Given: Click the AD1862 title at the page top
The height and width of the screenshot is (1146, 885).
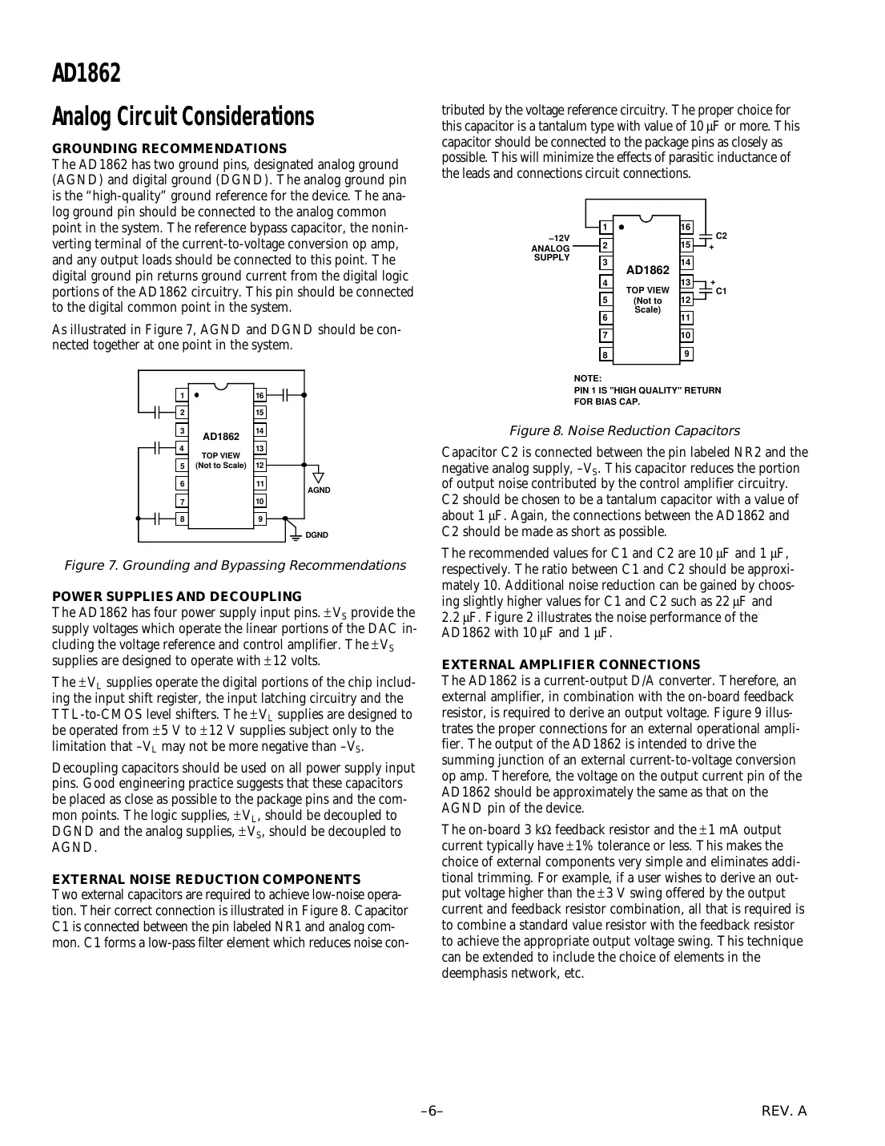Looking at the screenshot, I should (86, 73).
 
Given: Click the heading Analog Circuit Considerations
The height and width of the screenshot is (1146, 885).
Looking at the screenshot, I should (183, 117).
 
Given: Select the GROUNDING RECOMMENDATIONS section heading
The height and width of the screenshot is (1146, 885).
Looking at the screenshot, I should (169, 148).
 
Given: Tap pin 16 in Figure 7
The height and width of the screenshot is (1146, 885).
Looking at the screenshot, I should (259, 395).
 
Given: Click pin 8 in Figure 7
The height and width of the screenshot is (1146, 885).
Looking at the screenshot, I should (183, 519).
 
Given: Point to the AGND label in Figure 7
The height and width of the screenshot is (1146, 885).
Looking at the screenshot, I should (318, 490).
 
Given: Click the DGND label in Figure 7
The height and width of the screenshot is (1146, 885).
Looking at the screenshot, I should (316, 535).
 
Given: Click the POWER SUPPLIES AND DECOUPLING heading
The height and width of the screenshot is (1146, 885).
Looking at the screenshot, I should (176, 596).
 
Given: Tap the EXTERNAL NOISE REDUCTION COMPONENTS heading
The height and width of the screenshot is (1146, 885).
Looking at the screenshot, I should (206, 879).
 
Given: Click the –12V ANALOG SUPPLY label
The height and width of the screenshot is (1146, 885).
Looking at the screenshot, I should (551, 248).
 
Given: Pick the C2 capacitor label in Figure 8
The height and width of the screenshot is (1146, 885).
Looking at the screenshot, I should (721, 236).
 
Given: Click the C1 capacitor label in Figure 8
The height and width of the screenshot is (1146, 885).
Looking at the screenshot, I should (721, 290).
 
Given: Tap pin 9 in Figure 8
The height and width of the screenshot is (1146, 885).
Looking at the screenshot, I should (686, 353).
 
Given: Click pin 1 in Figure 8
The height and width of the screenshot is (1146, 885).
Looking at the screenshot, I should (605, 227).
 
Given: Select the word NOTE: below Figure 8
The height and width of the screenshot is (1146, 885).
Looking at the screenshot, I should (587, 378).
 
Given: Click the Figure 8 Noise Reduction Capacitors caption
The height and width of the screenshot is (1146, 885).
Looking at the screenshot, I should (624, 431).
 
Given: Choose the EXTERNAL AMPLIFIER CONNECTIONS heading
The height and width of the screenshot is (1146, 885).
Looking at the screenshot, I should (571, 664).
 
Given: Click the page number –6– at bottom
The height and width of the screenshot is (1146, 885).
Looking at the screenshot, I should (432, 1111).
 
